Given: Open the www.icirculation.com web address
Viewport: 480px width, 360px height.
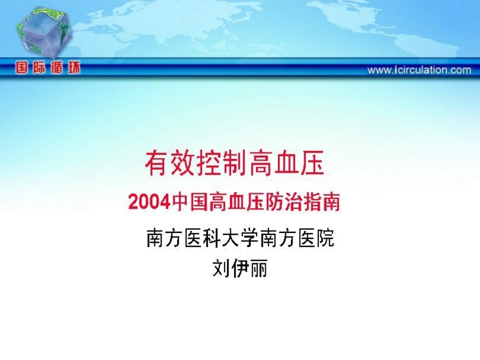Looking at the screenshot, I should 419,70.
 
